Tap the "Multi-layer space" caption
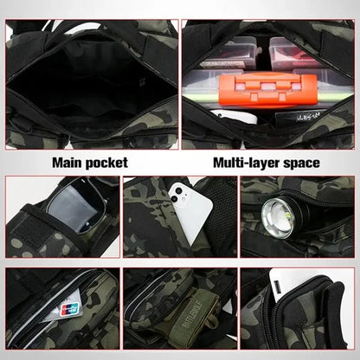click(267, 162)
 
